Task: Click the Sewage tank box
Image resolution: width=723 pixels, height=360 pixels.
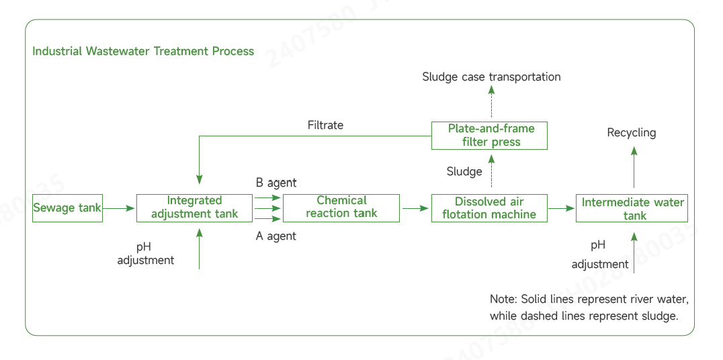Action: click(67, 208)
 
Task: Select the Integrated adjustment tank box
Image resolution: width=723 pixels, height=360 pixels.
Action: click(194, 208)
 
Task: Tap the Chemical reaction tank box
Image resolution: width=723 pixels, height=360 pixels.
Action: click(341, 208)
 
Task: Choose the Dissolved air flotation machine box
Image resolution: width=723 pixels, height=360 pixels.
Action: click(489, 208)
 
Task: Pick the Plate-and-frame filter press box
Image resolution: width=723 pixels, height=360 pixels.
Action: click(489, 135)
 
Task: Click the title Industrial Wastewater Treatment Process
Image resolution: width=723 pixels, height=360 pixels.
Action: click(143, 51)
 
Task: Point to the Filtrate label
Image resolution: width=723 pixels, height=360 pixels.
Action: click(325, 125)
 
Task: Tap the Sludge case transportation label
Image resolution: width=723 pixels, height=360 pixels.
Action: click(491, 77)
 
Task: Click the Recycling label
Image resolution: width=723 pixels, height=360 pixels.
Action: click(631, 132)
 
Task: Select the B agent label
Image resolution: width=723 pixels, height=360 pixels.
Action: click(275, 183)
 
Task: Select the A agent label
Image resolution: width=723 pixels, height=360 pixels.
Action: click(275, 236)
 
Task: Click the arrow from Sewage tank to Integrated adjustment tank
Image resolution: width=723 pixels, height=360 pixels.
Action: click(120, 208)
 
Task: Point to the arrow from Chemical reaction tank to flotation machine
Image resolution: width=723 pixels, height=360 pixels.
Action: click(415, 209)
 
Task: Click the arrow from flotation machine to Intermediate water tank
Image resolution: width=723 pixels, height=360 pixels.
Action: click(562, 209)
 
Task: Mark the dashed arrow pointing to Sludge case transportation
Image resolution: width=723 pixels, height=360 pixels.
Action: click(491, 104)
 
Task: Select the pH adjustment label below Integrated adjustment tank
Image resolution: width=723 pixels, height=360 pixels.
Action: click(145, 253)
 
